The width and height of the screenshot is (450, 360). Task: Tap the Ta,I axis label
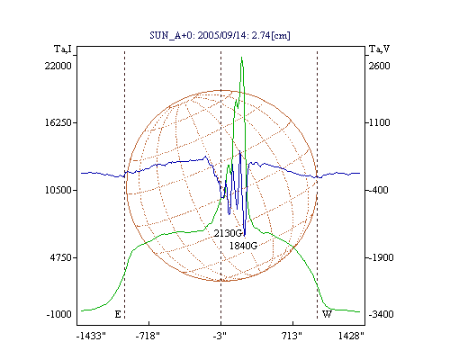[63, 49]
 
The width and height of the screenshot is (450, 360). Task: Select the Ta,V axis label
[379, 49]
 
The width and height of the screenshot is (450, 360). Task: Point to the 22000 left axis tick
[58, 66]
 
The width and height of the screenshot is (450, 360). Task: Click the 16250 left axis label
[58, 122]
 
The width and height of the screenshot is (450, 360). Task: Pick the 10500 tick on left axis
[58, 190]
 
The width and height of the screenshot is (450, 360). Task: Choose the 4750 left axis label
[60, 257]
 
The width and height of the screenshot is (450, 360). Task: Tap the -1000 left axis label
[59, 314]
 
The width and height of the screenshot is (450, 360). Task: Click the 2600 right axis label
[379, 66]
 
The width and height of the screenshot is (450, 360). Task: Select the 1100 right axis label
[379, 122]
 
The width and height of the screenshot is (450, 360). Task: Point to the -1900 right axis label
[381, 257]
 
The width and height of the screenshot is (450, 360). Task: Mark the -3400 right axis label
[381, 314]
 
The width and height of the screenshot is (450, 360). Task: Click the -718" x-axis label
[148, 336]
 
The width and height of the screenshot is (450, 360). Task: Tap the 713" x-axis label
[292, 336]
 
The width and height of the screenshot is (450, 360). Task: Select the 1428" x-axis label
[351, 336]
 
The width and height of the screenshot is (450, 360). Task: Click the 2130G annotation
[228, 233]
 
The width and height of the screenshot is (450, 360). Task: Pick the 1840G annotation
[243, 246]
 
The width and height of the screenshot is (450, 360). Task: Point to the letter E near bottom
[118, 314]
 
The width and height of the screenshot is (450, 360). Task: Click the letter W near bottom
[327, 314]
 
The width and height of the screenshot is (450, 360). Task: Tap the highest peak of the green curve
[242, 58]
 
